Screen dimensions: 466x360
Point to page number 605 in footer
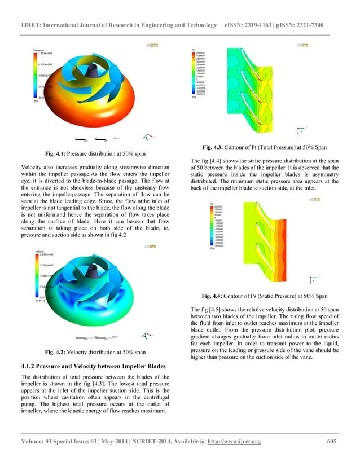tap(332, 442)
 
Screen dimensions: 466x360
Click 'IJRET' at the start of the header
tap(32, 25)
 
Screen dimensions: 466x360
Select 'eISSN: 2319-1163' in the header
tap(248, 25)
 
